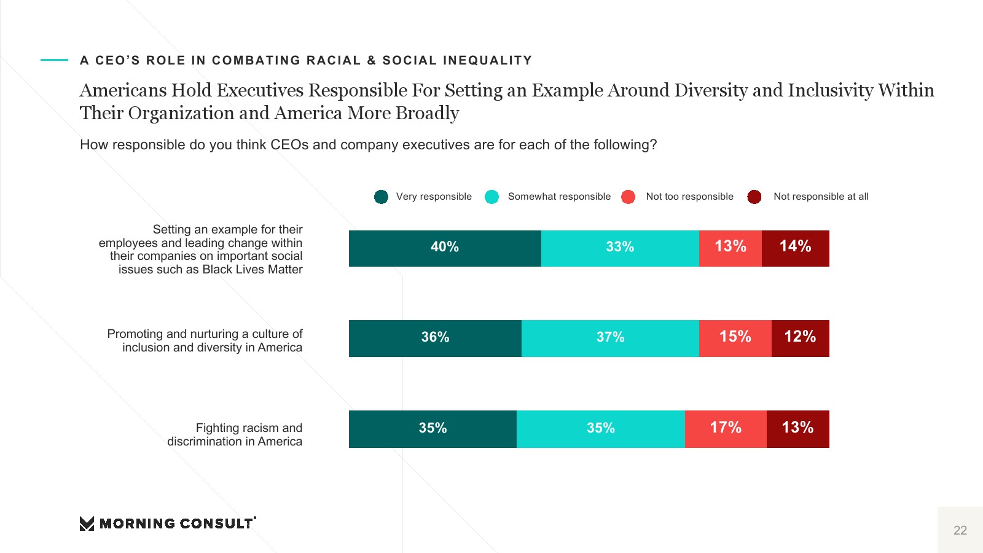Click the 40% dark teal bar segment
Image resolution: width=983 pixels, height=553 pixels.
[445, 248]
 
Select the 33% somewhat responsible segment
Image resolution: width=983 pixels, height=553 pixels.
[620, 248]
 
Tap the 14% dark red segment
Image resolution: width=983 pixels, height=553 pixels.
[795, 248]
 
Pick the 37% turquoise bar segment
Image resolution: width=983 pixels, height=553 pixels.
[610, 339]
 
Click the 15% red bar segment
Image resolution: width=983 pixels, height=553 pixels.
[735, 339]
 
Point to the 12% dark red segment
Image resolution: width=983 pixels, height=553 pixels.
[800, 339]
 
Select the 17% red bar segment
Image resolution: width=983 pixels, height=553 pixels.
[726, 429]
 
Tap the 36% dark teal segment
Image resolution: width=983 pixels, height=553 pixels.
[435, 339]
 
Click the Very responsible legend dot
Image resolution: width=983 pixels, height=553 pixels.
[381, 197]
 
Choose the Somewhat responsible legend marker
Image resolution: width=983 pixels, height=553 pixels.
[491, 197]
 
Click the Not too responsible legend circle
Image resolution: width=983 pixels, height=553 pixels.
[628, 197]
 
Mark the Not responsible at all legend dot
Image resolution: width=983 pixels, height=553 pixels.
[754, 197]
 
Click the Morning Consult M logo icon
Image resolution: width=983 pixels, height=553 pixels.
[87, 524]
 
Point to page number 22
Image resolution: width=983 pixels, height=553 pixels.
[960, 530]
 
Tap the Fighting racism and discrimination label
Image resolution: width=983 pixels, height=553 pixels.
[235, 434]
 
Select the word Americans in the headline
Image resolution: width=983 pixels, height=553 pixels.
[123, 90]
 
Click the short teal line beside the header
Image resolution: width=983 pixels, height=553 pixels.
[54, 60]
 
